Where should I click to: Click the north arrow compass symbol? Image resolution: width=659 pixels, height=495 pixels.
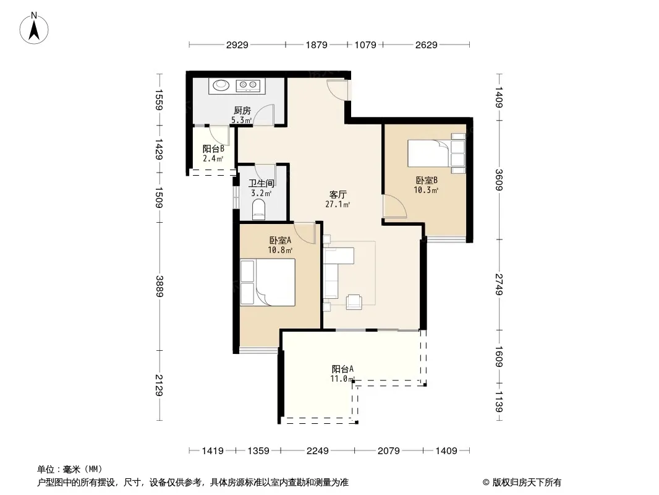click(34, 28)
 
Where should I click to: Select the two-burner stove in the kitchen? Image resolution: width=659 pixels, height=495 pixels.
click(248, 86)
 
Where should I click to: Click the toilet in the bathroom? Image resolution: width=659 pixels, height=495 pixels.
click(259, 210)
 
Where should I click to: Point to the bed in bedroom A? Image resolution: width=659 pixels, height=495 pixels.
click(268, 282)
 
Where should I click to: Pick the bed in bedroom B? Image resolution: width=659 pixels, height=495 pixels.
click(436, 153)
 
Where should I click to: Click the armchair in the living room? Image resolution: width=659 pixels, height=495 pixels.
click(354, 302)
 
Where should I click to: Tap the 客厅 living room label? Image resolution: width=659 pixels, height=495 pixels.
click(338, 195)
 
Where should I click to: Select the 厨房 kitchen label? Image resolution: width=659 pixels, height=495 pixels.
click(242, 110)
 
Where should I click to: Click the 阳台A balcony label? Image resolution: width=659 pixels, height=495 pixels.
click(342, 369)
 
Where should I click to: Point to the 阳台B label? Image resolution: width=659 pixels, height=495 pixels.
click(213, 148)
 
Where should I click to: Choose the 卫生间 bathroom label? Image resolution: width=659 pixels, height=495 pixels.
click(261, 183)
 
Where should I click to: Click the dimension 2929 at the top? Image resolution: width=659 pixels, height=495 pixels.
click(237, 45)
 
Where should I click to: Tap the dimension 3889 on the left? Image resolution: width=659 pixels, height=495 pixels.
click(159, 286)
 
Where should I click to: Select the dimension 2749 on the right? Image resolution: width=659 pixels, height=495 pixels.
click(499, 284)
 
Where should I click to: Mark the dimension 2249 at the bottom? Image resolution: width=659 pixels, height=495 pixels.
click(317, 451)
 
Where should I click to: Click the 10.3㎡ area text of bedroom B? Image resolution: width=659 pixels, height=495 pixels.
click(426, 190)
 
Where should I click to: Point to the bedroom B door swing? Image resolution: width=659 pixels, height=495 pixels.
click(395, 206)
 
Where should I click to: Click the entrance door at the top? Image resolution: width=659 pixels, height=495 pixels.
click(338, 89)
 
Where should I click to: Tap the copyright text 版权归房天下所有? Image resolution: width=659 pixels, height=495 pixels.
click(527, 483)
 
